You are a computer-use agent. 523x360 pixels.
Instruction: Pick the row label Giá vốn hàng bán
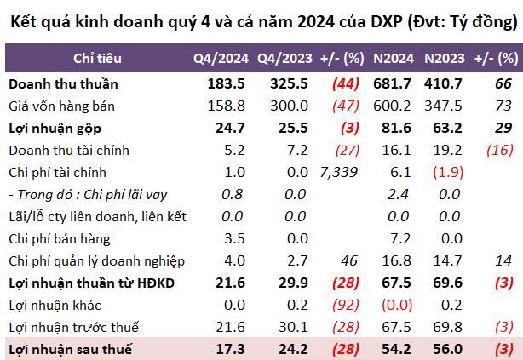click(x=61, y=106)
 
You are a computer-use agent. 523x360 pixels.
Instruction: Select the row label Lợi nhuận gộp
click(x=52, y=129)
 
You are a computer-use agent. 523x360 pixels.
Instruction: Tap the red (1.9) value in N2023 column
click(x=449, y=173)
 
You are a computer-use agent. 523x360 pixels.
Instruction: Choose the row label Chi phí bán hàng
click(x=60, y=239)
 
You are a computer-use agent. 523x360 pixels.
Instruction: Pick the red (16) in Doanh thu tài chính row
click(x=501, y=151)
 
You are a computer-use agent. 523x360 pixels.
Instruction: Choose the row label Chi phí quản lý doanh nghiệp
click(x=97, y=261)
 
